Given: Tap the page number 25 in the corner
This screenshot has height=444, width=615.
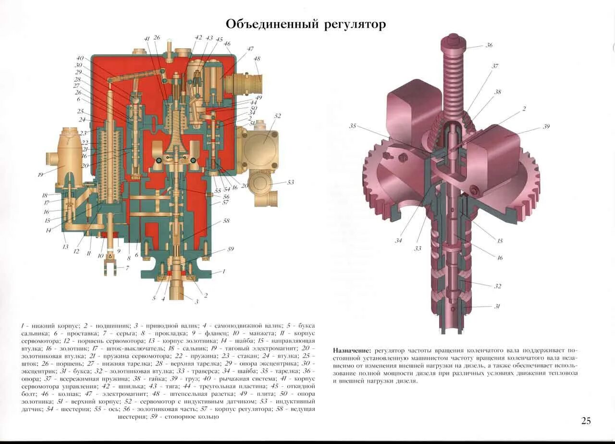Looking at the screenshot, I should (x=586, y=421).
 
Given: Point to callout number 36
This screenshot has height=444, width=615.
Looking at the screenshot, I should (x=489, y=45).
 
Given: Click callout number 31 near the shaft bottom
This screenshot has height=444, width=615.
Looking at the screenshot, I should (x=497, y=306).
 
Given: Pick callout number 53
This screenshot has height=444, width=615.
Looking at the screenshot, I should (x=290, y=182).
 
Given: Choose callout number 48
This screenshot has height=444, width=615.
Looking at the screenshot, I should (x=257, y=59).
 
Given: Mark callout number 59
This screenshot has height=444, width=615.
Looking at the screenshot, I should (x=231, y=249).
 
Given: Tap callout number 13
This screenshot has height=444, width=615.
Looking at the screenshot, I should (x=65, y=247).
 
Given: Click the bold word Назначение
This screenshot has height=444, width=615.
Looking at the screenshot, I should (x=352, y=350).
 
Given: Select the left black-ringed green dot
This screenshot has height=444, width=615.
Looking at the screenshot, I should (x=159, y=160).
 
